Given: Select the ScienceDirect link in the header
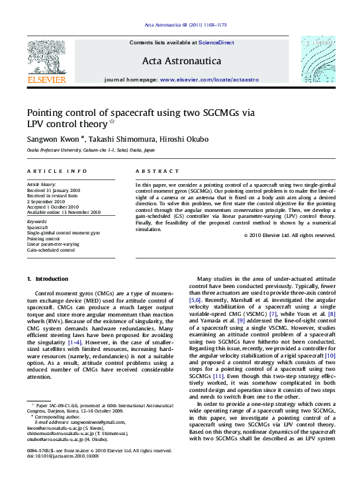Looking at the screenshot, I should (216, 42).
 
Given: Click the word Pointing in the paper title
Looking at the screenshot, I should (50, 113).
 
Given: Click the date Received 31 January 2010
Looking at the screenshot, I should (53, 189).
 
